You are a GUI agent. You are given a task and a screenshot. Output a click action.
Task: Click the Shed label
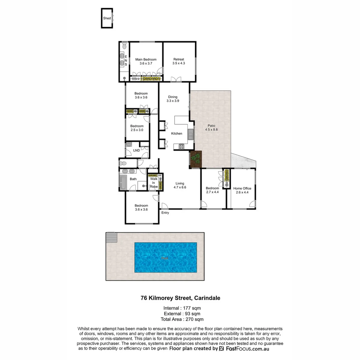tap(107, 18)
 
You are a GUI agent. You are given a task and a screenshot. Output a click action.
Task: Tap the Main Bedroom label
tap(146, 60)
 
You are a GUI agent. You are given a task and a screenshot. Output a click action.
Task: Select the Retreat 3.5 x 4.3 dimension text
tap(179, 63)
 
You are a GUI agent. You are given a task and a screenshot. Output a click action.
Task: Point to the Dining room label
tap(173, 97)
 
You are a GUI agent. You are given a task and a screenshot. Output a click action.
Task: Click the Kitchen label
tap(177, 133)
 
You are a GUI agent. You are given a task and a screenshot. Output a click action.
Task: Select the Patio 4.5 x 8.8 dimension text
tap(211, 130)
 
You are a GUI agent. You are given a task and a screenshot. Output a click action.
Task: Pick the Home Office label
tap(242, 188)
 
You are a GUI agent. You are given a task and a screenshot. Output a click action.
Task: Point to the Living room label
tap(180, 183)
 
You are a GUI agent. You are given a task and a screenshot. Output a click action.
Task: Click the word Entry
tap(165, 213)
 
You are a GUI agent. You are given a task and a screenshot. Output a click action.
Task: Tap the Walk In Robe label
tap(154, 183)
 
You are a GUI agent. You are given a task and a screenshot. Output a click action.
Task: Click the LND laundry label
tap(136, 150)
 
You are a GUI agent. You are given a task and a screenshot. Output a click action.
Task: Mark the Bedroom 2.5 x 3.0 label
tap(137, 126)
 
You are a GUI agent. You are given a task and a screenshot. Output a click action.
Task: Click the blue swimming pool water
tap(165, 257)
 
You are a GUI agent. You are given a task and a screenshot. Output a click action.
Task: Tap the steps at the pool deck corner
tap(111, 237)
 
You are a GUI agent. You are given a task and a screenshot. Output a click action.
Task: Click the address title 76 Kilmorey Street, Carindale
tap(180, 298)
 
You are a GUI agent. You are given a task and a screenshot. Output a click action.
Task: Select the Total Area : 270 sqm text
tap(182, 319)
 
